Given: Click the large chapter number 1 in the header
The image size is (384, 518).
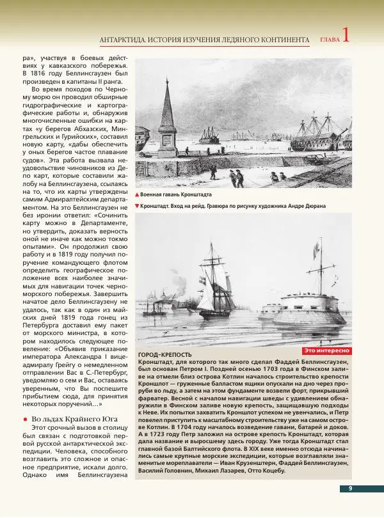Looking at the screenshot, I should pos(346,35).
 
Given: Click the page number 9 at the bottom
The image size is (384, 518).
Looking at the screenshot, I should pos(351,489).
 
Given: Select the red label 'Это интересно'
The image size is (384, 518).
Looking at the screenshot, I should pos(326,350).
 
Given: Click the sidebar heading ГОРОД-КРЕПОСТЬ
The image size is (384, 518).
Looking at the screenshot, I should pos(164,355).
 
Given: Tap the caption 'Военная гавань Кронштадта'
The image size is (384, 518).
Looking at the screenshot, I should pos(176,194).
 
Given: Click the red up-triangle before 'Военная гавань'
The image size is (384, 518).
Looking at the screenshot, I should pos(137,194).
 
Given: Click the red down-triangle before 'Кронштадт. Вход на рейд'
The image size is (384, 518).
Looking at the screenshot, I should pos(137,206).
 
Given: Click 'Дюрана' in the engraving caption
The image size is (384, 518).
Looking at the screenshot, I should pos(314,206).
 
